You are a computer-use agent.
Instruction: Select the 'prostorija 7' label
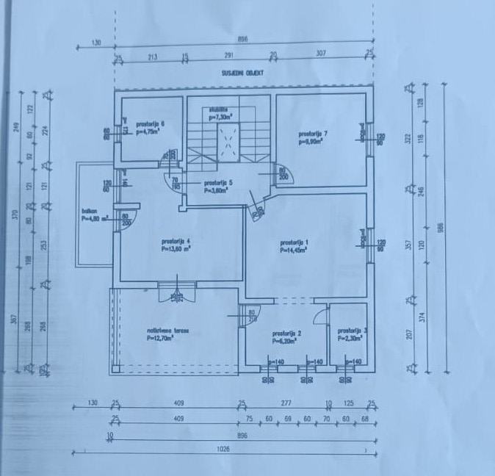click(313, 134)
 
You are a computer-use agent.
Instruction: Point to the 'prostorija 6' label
click(150, 123)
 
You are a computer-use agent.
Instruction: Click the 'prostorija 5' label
click(218, 182)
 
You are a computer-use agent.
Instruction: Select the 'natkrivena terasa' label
click(168, 331)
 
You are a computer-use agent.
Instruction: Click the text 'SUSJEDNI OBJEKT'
click(242, 73)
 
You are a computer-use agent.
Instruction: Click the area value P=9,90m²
click(313, 142)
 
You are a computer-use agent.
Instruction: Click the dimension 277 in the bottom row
click(286, 403)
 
